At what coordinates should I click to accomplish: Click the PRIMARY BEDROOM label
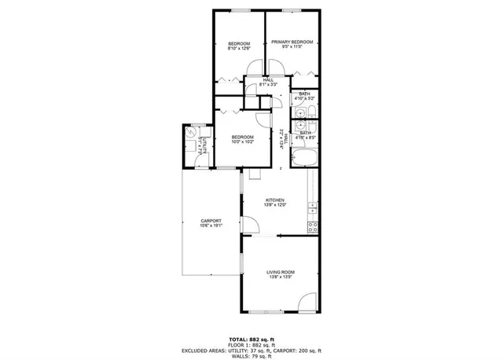click(292, 42)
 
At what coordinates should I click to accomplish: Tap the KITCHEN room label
click(274, 200)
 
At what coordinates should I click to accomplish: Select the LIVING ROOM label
click(281, 272)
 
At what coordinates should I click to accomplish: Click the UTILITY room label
click(205, 146)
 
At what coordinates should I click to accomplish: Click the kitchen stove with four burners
click(312, 227)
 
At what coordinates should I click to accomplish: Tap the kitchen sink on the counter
click(312, 208)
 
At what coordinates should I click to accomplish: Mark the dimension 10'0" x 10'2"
click(242, 142)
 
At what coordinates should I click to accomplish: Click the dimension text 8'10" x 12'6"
click(239, 48)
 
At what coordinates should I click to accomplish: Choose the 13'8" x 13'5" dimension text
click(281, 277)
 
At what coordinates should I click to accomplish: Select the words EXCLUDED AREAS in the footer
click(202, 350)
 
